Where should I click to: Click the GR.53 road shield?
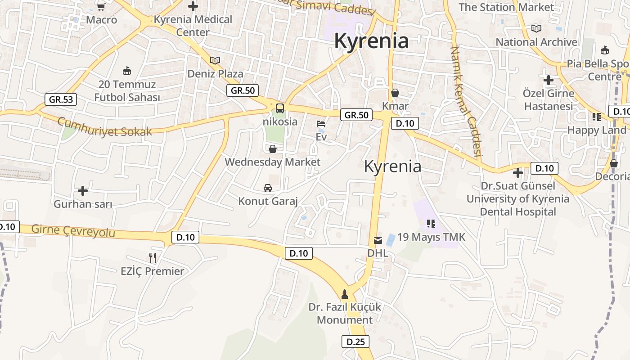pyautogui.click(x=61, y=99)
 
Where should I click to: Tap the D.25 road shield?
pyautogui.click(x=355, y=342)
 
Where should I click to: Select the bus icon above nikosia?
pyautogui.click(x=280, y=108)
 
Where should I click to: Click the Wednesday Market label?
pyautogui.click(x=272, y=162)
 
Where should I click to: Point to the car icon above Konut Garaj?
pyautogui.click(x=268, y=188)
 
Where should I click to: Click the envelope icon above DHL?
pyautogui.click(x=378, y=240)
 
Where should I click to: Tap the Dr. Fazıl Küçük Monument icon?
pyautogui.click(x=345, y=294)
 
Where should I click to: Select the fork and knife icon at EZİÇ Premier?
pyautogui.click(x=153, y=258)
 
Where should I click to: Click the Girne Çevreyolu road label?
pyautogui.click(x=73, y=230)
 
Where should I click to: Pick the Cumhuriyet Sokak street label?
pyautogui.click(x=104, y=127)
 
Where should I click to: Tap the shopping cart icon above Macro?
pyautogui.click(x=101, y=7)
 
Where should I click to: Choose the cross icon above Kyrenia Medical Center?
pyautogui.click(x=193, y=6)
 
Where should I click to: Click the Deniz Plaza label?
pyautogui.click(x=215, y=74)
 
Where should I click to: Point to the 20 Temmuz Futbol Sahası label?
pyautogui.click(x=127, y=90)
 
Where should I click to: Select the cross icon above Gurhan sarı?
pyautogui.click(x=83, y=191)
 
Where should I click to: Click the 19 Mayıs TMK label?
pyautogui.click(x=431, y=237)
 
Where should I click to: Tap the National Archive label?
pyautogui.click(x=536, y=42)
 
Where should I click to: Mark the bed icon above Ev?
pyautogui.click(x=321, y=123)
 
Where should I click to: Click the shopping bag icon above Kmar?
pyautogui.click(x=395, y=93)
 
